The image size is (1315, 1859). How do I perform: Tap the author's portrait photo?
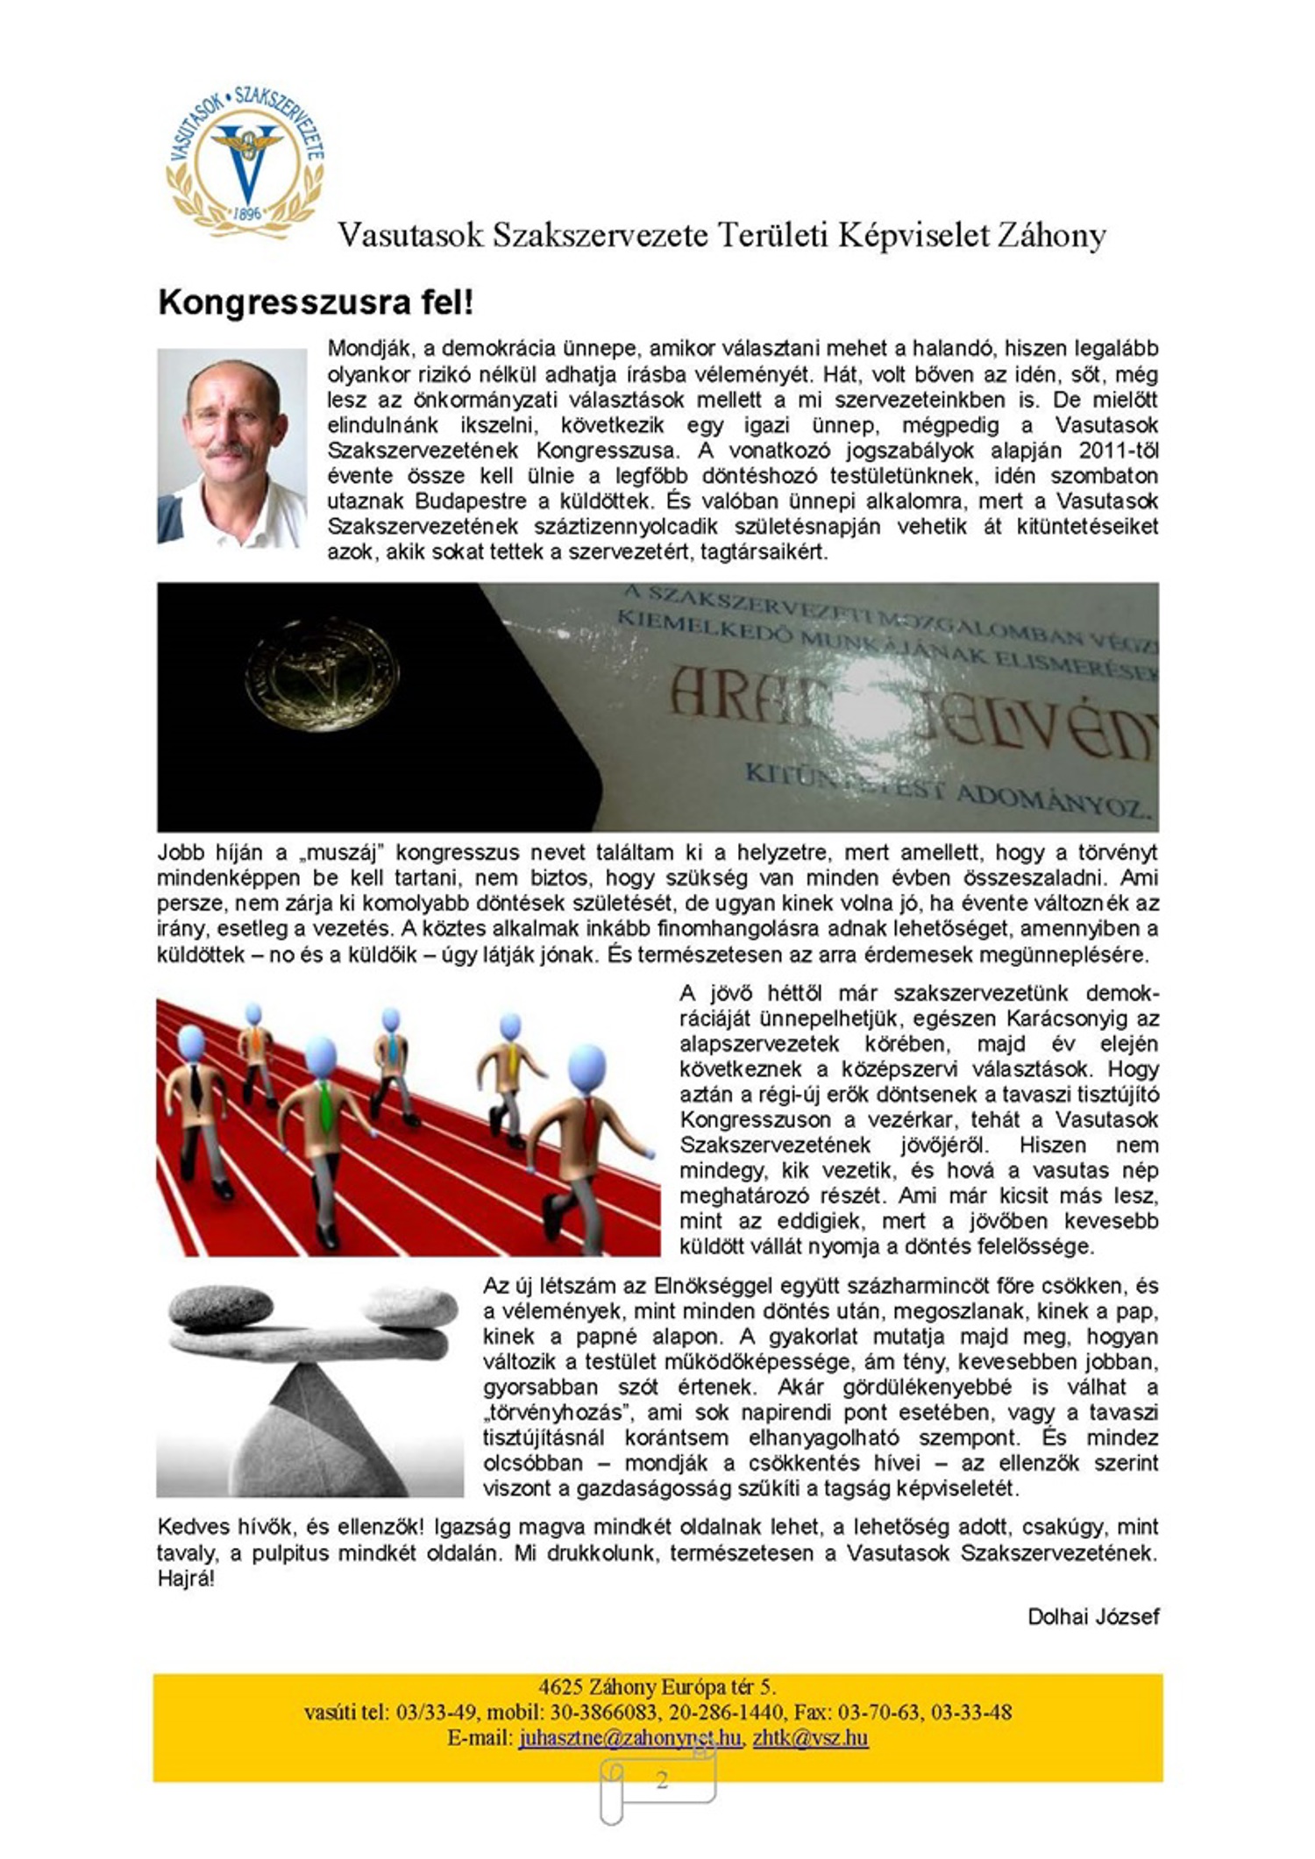(232, 447)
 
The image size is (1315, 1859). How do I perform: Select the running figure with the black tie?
(195, 1091)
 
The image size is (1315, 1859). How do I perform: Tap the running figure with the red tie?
(583, 1131)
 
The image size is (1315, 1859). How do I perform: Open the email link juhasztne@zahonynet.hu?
(629, 1738)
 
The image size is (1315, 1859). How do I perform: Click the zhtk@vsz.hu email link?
(810, 1738)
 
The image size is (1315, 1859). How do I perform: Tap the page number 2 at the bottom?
(662, 1780)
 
